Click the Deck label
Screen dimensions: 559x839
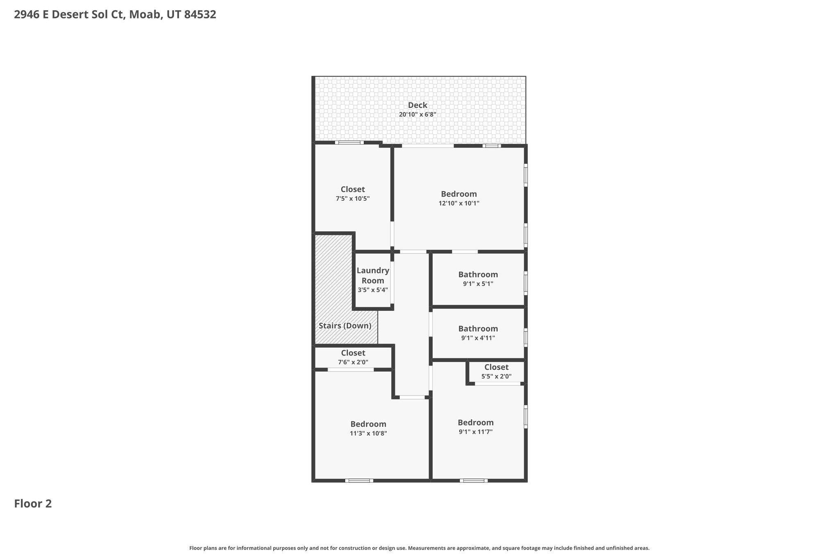click(417, 105)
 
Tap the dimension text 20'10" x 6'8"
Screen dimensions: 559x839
click(417, 115)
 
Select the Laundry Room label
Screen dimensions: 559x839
click(373, 276)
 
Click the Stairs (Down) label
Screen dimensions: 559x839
click(345, 326)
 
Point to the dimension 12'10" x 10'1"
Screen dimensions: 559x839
click(459, 203)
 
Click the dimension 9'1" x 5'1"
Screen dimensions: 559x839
click(478, 284)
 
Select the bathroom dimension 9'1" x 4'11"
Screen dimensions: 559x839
click(478, 338)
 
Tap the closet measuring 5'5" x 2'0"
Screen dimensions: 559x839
click(496, 372)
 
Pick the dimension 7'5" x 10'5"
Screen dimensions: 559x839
click(353, 199)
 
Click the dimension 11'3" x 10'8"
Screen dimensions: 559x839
click(368, 433)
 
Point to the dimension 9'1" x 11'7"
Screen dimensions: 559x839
click(476, 432)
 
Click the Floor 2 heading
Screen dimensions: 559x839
click(33, 504)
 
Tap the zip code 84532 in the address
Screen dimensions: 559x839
click(200, 15)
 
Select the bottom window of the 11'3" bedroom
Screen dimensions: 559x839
click(359, 480)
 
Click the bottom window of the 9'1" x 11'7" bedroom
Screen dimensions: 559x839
click(474, 480)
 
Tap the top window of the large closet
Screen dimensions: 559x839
click(349, 143)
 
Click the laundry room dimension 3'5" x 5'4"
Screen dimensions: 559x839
click(373, 290)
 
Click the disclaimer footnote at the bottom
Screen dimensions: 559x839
click(419, 548)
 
